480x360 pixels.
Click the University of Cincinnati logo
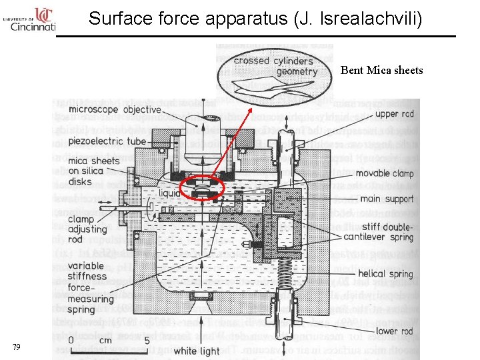29,20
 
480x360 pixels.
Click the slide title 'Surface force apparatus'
255,18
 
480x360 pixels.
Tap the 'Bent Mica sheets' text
381,70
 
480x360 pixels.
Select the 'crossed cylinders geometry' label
273,66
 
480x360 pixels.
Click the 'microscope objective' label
115,109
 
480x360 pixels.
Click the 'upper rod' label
394,114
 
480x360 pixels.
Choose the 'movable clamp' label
385,173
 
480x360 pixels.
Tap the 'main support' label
387,199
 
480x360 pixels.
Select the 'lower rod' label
394,331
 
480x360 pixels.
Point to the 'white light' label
196,351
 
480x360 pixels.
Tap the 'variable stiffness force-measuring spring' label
91,287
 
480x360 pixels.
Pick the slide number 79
17,347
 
